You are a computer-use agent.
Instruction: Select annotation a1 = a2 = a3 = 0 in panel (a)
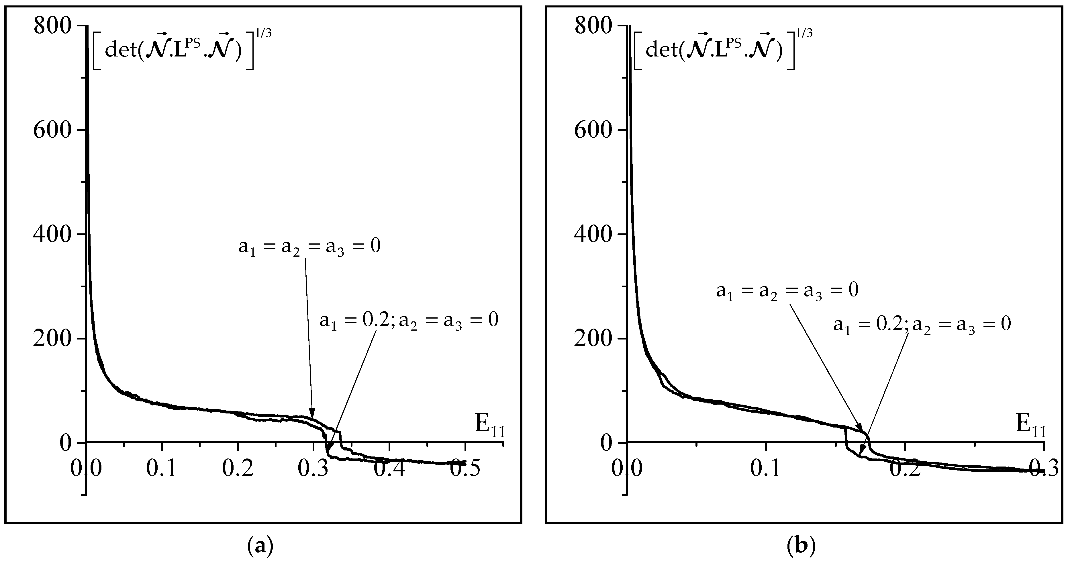[309, 247]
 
